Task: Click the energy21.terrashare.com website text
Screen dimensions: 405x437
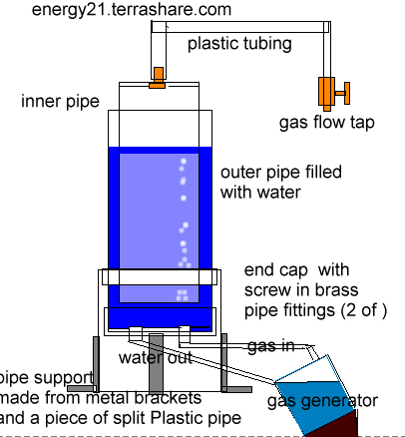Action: [132, 9]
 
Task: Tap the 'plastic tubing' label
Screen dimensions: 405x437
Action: [239, 44]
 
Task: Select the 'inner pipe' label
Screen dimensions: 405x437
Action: [60, 102]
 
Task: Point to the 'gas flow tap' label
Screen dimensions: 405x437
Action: [327, 123]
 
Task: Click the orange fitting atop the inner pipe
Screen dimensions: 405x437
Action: [158, 78]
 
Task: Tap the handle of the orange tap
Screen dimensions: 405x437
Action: [343, 93]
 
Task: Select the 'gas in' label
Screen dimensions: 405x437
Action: [271, 346]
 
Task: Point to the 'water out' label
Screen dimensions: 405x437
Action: [156, 358]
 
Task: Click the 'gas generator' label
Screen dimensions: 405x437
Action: [322, 401]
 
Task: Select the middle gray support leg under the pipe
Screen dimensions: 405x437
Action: [156, 363]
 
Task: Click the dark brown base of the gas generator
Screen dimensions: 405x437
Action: [332, 424]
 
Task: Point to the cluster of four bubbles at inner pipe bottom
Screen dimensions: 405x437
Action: [182, 295]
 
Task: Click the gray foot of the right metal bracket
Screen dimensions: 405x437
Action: [236, 389]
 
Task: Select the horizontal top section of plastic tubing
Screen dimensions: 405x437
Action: [240, 27]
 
